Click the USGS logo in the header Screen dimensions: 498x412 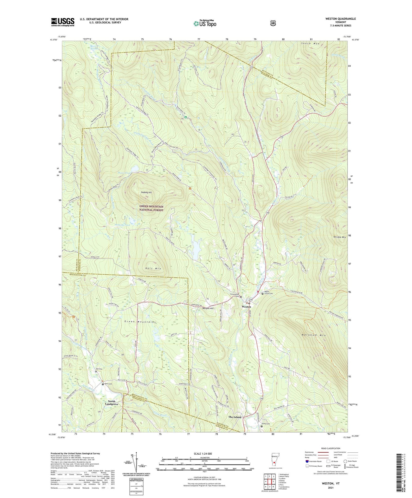pos(63,22)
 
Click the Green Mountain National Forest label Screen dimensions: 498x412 pos(151,208)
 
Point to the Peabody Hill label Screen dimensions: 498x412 pos(146,193)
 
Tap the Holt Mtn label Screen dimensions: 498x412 pos(153,268)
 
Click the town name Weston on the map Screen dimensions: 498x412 pos(246,307)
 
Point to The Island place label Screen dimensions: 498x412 pos(235,417)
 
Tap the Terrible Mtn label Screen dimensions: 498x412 pos(339,237)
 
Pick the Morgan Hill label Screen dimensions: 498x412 pos(208,308)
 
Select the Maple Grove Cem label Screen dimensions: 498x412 pos(268,293)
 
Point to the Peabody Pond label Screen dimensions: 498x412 pos(122,225)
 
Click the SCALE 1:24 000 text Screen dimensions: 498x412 pos(203,454)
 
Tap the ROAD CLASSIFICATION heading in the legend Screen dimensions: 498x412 pos(330,448)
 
